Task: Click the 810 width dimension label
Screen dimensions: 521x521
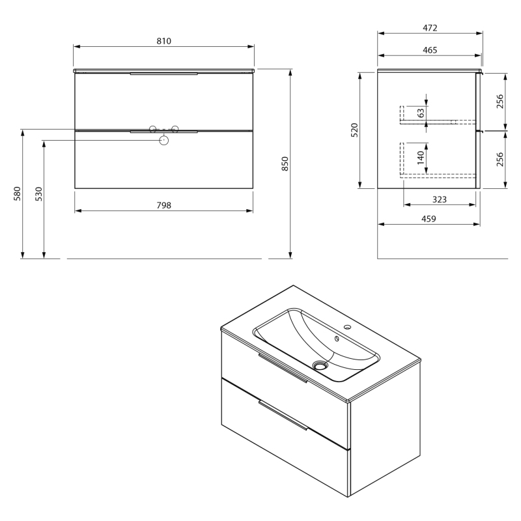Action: click(x=164, y=41)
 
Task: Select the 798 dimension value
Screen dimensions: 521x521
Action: click(x=164, y=205)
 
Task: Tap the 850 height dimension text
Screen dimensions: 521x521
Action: click(x=285, y=163)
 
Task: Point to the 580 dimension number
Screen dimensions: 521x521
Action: click(x=18, y=193)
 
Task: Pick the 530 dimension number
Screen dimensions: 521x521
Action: click(x=39, y=193)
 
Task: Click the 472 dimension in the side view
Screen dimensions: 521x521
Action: click(x=430, y=28)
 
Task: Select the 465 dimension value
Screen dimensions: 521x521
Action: click(x=430, y=50)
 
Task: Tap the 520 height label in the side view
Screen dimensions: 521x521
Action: click(x=354, y=130)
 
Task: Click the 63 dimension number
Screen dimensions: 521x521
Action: click(x=421, y=113)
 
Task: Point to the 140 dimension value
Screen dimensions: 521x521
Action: click(x=421, y=157)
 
